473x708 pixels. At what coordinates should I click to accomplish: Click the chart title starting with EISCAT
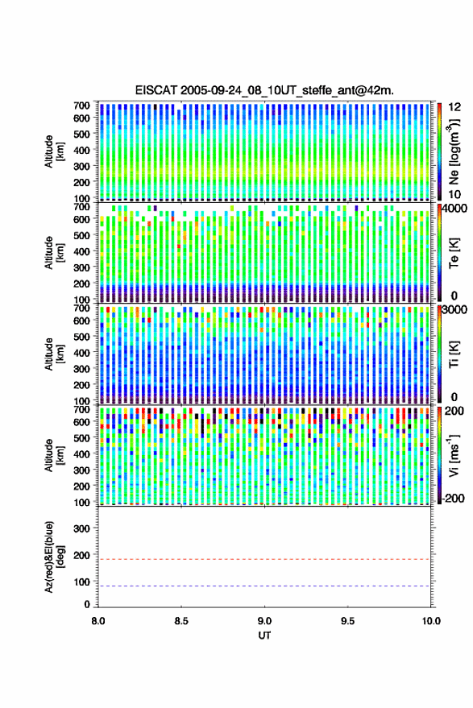[264, 90]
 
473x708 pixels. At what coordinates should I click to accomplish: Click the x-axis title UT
[264, 636]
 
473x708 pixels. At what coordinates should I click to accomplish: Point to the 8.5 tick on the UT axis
[181, 621]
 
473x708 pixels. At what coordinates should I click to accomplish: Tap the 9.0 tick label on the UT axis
[264, 621]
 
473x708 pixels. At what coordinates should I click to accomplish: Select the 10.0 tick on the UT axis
[431, 621]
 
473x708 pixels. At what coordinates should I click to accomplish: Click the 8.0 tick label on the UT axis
[98, 621]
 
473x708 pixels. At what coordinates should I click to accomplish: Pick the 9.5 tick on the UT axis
[347, 621]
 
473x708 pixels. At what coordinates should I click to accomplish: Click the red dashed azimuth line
[264, 559]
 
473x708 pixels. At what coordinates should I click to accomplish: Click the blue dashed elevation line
[264, 586]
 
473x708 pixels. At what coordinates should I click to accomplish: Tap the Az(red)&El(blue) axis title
[54, 557]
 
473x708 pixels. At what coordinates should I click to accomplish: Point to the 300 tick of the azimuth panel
[81, 528]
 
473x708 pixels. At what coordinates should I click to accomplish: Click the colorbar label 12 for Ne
[454, 107]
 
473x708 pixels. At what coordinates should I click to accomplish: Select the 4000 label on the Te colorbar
[457, 209]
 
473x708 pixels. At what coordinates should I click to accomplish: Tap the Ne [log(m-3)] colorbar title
[453, 151]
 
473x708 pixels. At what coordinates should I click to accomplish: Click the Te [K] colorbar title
[454, 253]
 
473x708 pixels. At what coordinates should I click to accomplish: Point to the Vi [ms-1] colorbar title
[453, 456]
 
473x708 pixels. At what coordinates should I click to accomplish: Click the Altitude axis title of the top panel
[54, 151]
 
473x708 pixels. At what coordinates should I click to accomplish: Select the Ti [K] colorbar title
[454, 354]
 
